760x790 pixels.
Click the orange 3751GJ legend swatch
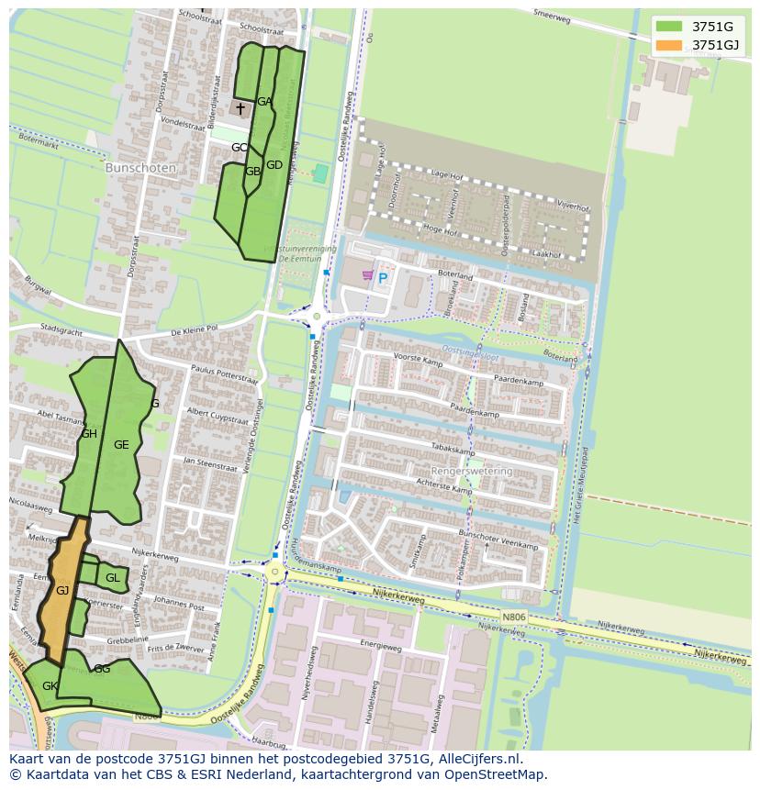[x=669, y=45]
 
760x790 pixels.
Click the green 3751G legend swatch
[x=669, y=26]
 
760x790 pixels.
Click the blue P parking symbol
[x=383, y=278]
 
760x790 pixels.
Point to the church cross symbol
[x=240, y=109]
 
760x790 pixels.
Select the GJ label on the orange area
[x=62, y=591]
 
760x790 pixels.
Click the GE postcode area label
[x=121, y=445]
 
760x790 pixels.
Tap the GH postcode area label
[x=89, y=434]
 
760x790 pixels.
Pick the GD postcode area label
[x=274, y=165]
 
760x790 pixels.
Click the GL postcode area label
[x=112, y=578]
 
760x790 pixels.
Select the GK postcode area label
[x=50, y=686]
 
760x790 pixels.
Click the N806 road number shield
[x=514, y=618]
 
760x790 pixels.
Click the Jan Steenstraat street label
[x=209, y=464]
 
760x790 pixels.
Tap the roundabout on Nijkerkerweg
[x=274, y=573]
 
